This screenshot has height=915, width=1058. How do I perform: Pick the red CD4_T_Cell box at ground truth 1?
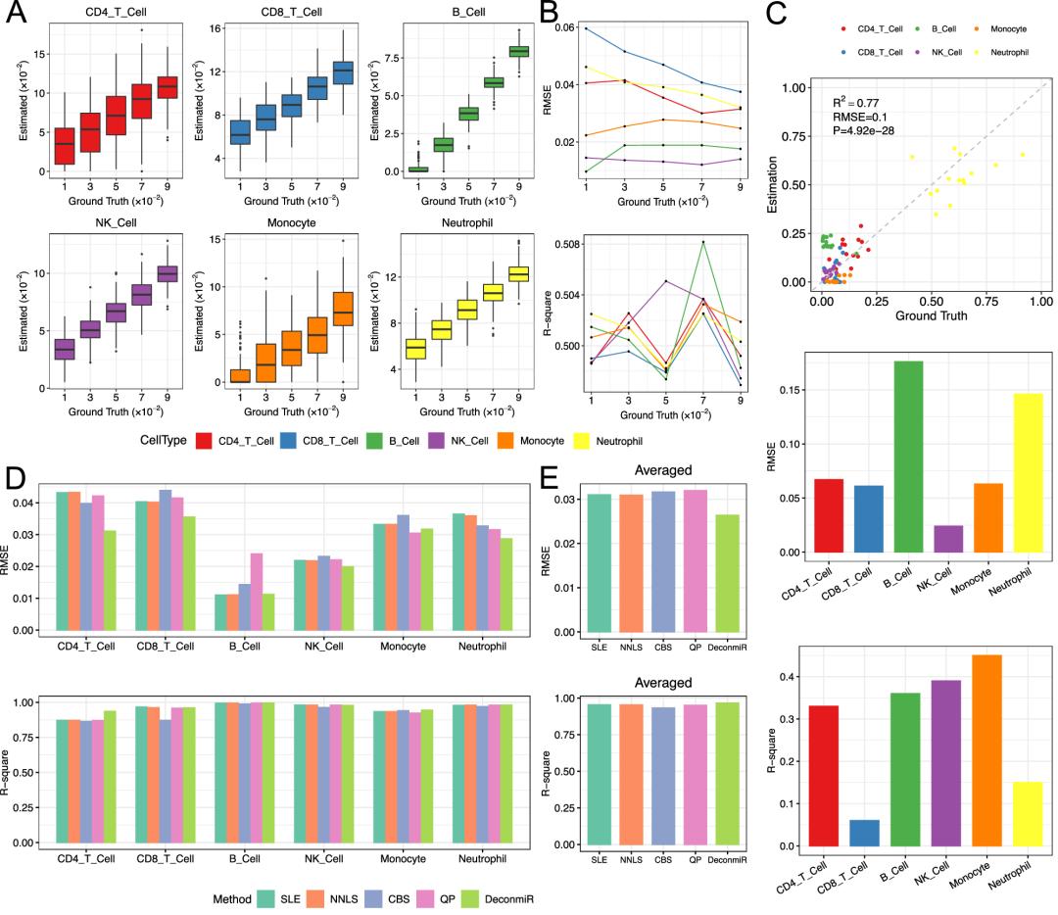(x=65, y=146)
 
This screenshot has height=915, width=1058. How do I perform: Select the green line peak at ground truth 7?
(x=703, y=242)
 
